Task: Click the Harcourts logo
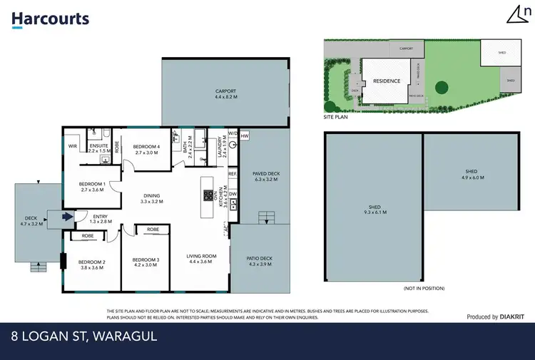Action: pyautogui.click(x=50, y=19)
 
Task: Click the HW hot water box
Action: pyautogui.click(x=245, y=136)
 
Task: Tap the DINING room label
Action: pyautogui.click(x=151, y=197)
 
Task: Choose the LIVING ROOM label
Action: pyautogui.click(x=202, y=258)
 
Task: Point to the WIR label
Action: pyautogui.click(x=72, y=146)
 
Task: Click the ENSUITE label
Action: pyautogui.click(x=98, y=147)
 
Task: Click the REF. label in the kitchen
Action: pyautogui.click(x=233, y=173)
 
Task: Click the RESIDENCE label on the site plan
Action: pyautogui.click(x=387, y=81)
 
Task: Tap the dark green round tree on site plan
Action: pyautogui.click(x=442, y=88)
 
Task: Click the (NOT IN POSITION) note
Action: pyautogui.click(x=424, y=288)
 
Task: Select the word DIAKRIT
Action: pyautogui.click(x=513, y=317)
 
